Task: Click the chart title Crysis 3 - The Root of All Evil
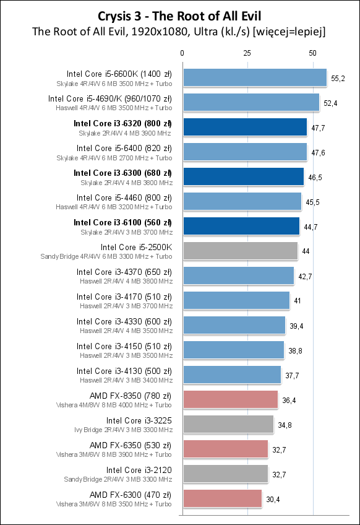click(180, 15)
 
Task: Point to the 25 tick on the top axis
click(247, 53)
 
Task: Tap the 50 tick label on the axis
click(312, 53)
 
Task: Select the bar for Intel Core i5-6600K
click(254, 77)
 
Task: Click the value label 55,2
click(338, 78)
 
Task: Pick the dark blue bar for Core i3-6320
click(244, 127)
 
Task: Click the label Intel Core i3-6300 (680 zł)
click(122, 173)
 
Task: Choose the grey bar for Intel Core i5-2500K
click(240, 251)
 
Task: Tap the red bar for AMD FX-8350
click(230, 399)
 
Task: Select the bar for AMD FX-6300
click(222, 498)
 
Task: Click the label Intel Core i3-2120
click(139, 470)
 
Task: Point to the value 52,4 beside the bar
click(331, 103)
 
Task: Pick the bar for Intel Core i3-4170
click(236, 300)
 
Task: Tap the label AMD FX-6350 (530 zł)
click(131, 445)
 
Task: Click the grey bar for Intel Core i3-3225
click(228, 424)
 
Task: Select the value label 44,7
click(311, 227)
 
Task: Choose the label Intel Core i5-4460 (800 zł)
click(124, 197)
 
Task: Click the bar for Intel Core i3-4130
click(231, 375)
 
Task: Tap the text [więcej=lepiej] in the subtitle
click(288, 32)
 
